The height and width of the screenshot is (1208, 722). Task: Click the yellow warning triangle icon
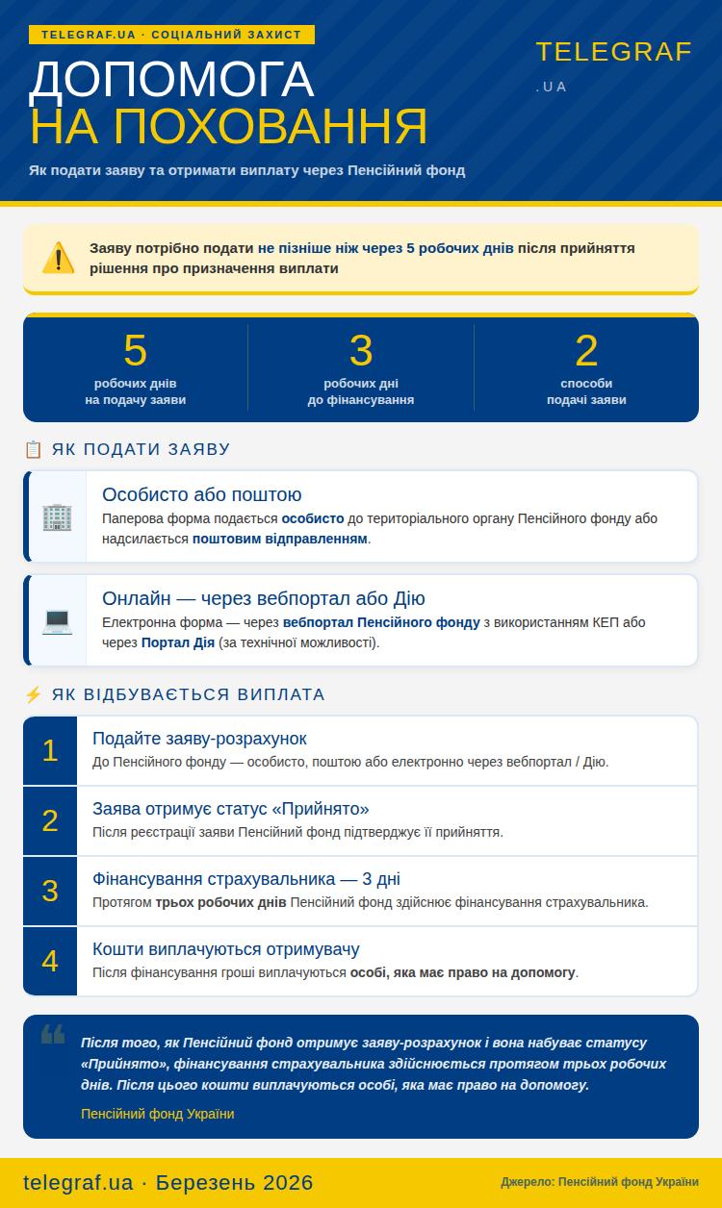[x=58, y=258]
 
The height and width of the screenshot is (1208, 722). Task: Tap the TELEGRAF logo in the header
[x=613, y=53]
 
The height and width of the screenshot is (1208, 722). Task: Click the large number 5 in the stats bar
[x=135, y=351]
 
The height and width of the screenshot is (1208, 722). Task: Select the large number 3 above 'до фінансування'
[x=361, y=351]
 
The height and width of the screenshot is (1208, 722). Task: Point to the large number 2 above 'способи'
[x=586, y=351]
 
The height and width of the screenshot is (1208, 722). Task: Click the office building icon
[x=57, y=516]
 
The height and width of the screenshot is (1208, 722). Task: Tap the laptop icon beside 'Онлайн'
[x=57, y=620]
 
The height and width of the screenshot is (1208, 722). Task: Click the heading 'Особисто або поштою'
[x=201, y=494]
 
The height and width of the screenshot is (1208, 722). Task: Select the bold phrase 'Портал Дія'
[x=178, y=642]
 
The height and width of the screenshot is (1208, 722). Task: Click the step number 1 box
[x=50, y=750]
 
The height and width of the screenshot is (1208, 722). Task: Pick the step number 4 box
[x=50, y=961]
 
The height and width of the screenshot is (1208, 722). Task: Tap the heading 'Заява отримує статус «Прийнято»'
[x=230, y=809]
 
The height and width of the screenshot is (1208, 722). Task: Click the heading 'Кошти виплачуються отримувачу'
[x=225, y=949]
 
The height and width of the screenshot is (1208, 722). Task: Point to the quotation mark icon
[x=53, y=1035]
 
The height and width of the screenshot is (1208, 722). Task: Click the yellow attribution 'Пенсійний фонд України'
[x=157, y=1114]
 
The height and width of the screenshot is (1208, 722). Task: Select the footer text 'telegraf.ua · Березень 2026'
[x=168, y=1182]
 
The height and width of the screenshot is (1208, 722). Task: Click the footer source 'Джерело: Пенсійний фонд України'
[x=599, y=1182]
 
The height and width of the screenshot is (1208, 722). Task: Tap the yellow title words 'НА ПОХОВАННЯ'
[x=228, y=126]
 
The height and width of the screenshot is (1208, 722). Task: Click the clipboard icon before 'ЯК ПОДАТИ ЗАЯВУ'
[x=33, y=449]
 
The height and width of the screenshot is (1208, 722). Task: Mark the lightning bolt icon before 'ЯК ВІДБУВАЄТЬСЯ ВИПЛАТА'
[x=33, y=694]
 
